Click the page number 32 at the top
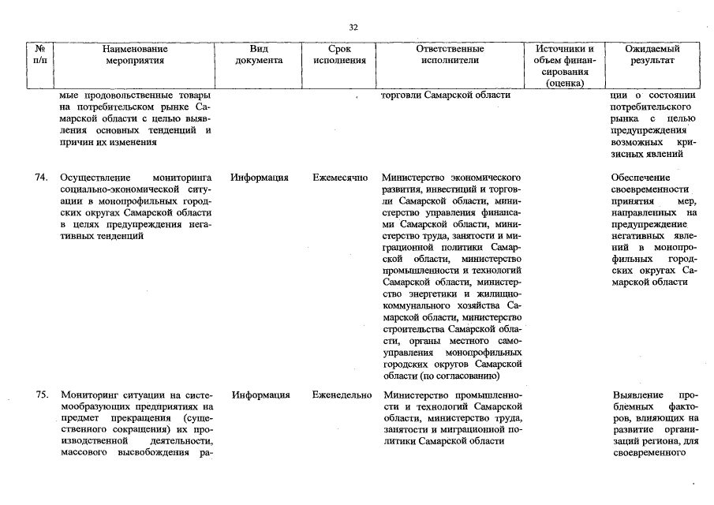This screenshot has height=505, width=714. point(353,28)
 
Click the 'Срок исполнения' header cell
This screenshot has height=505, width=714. point(339,54)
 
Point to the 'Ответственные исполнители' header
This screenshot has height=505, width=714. point(450,54)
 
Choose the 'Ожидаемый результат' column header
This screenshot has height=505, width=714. point(652,54)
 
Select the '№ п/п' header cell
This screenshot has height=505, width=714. point(40,54)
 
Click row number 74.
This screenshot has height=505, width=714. point(43,178)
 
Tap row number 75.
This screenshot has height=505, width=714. point(43,395)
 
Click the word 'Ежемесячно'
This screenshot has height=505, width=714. point(340,178)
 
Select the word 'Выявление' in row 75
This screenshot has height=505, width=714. point(637,395)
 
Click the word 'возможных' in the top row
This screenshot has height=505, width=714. point(637,143)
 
